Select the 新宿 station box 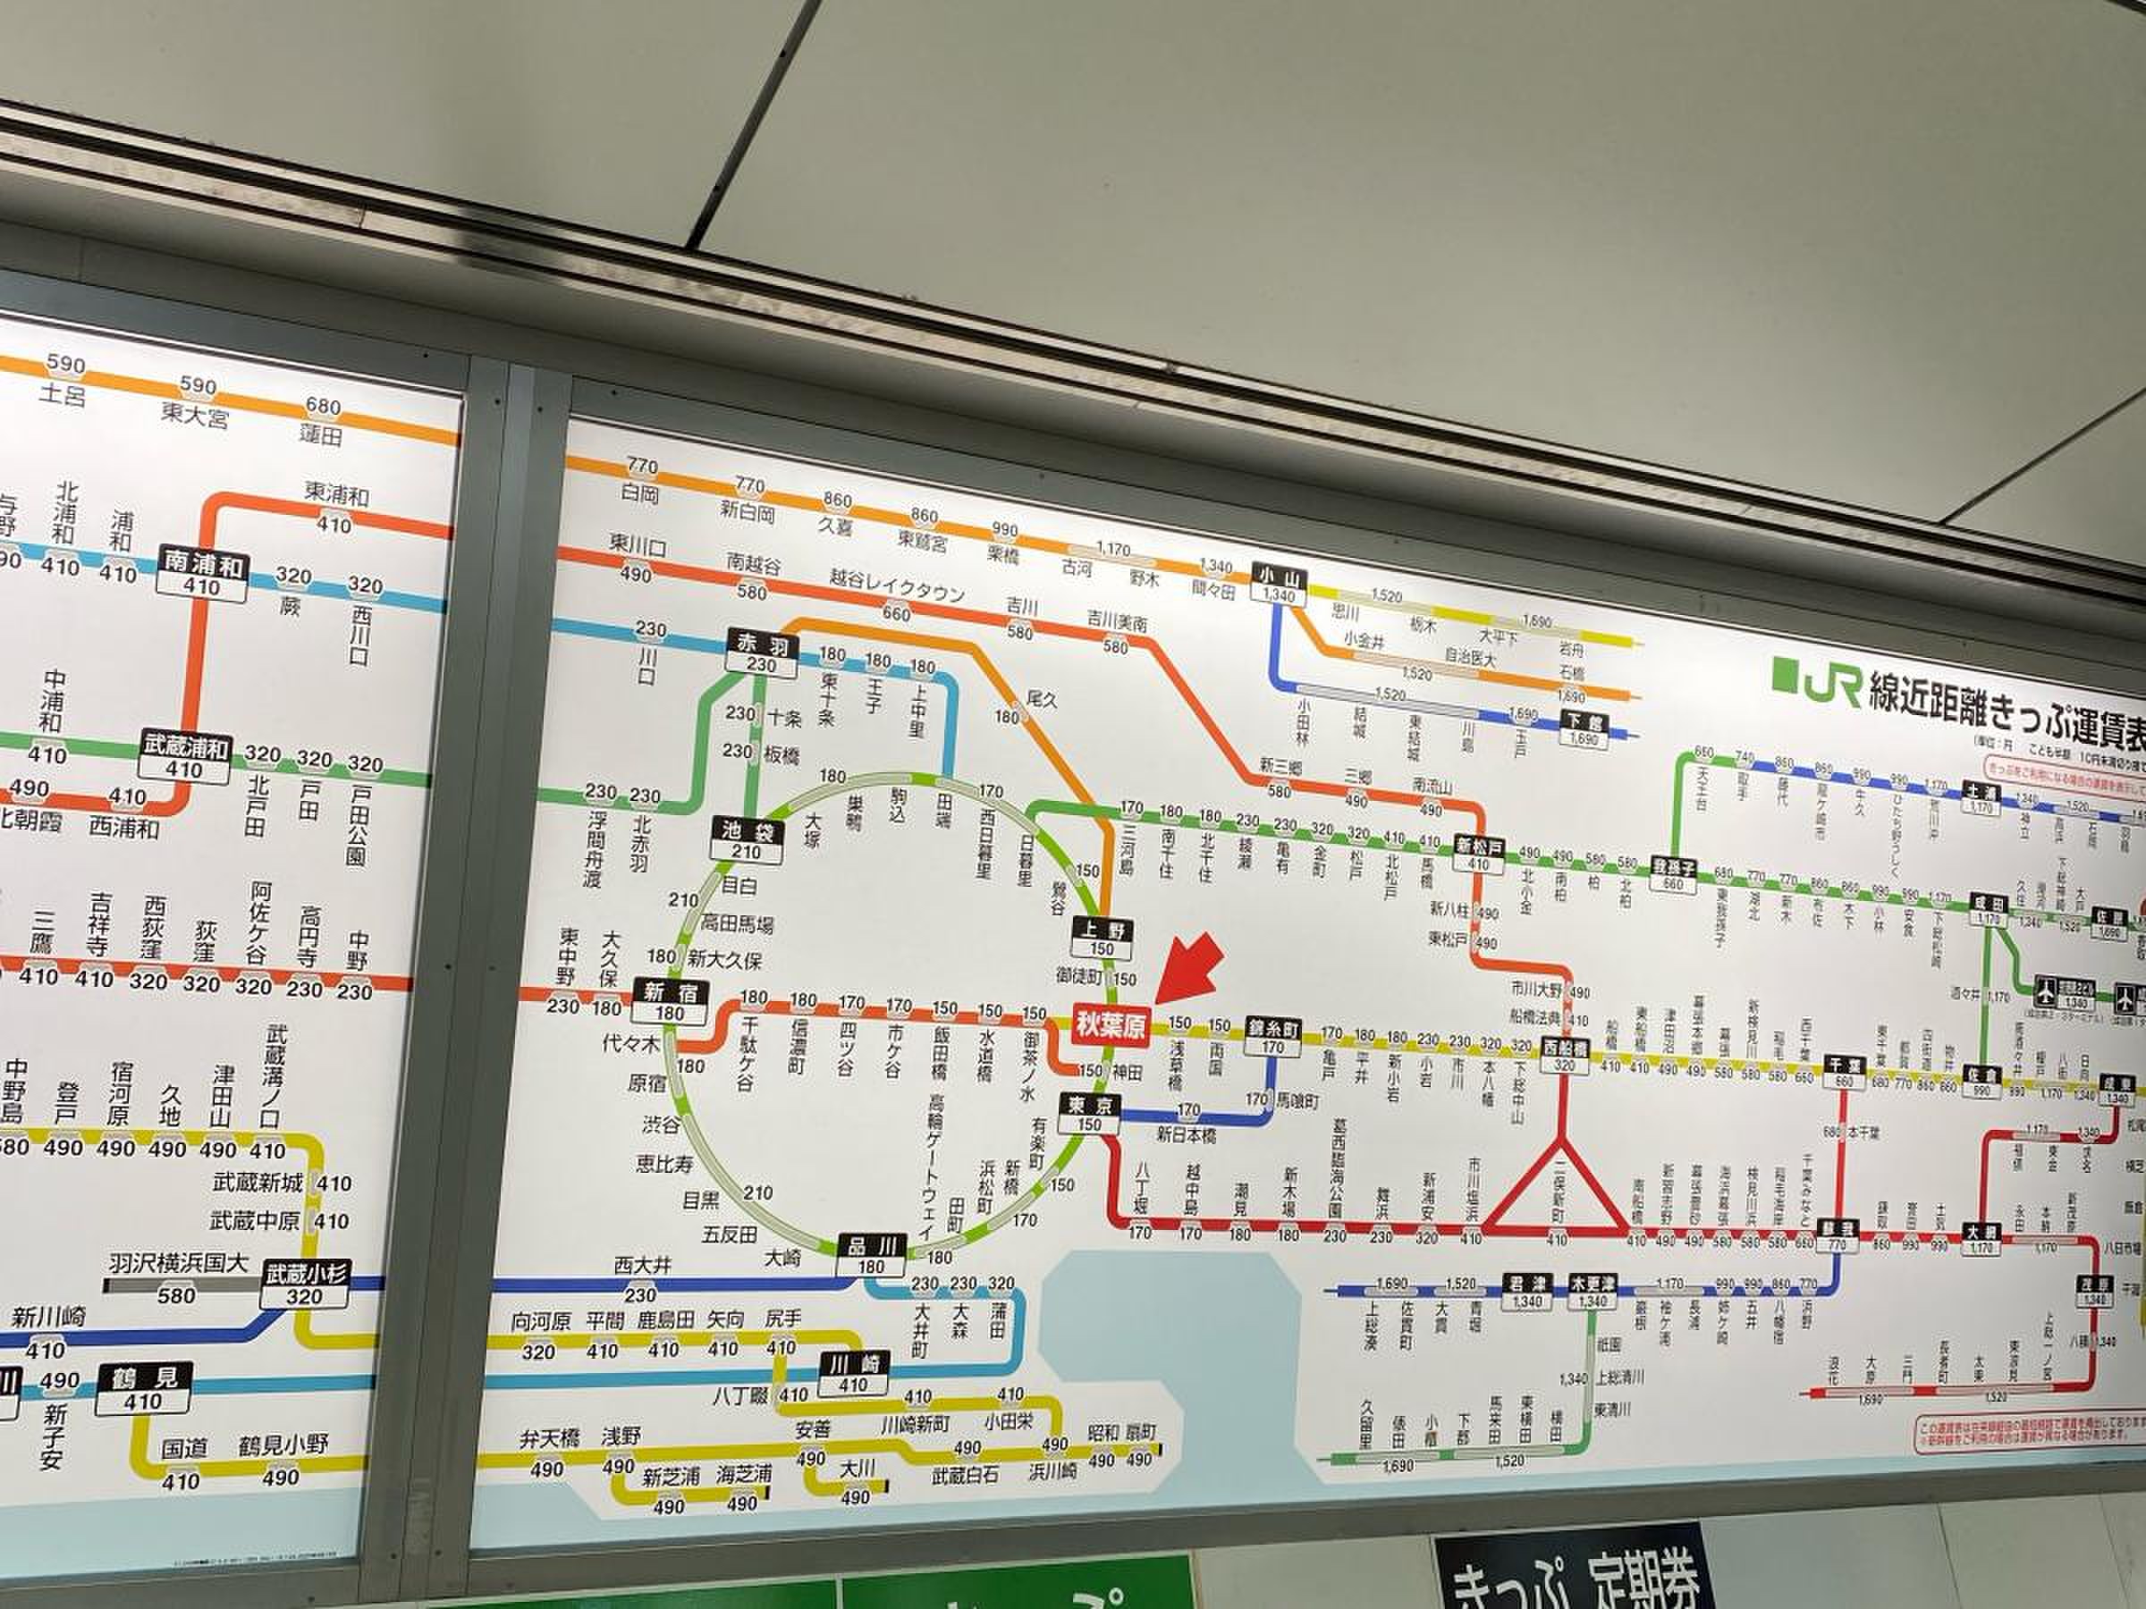[x=671, y=1001]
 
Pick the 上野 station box [x=1103, y=937]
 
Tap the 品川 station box [x=872, y=1255]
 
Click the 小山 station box [x=1279, y=585]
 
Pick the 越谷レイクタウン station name [x=897, y=584]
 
